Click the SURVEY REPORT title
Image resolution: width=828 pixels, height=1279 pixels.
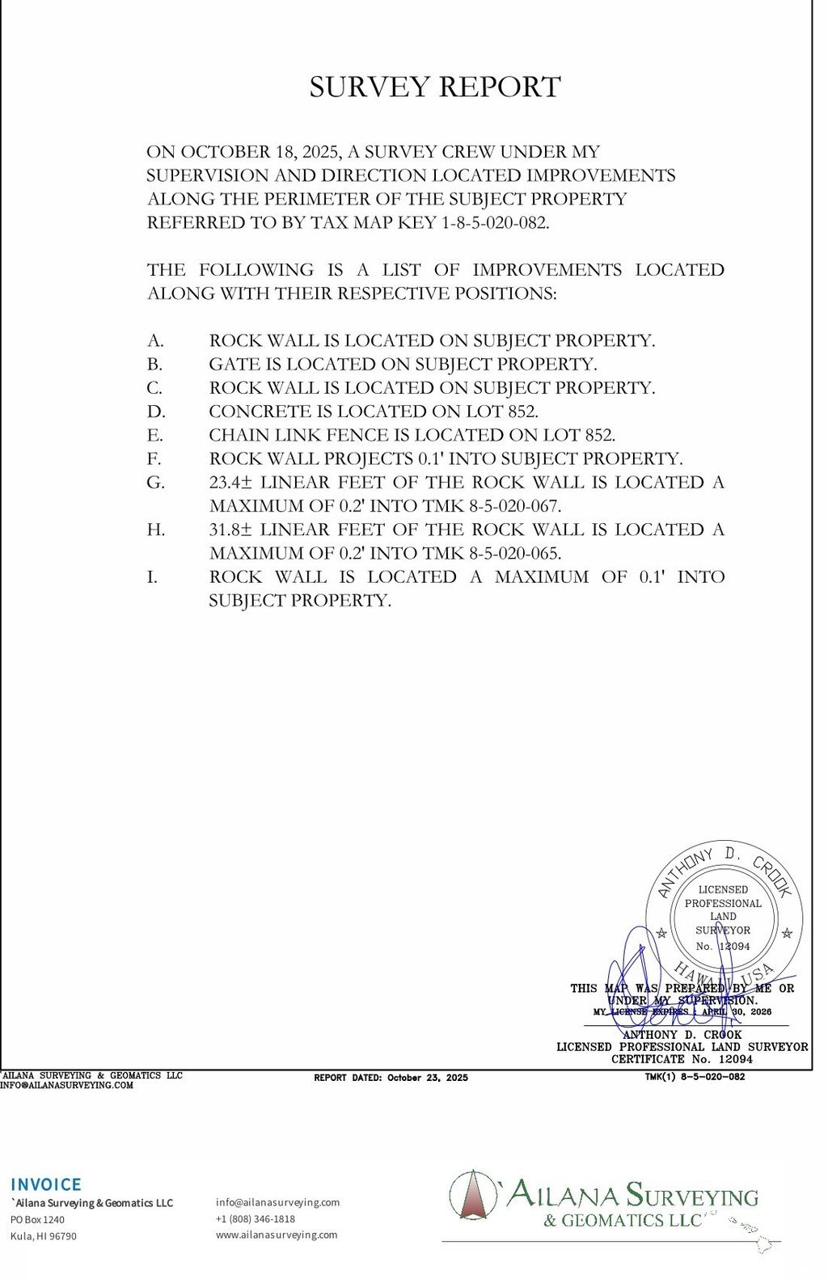point(435,87)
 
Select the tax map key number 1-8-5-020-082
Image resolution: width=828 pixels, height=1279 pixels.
point(495,223)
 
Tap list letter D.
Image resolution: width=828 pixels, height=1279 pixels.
point(154,412)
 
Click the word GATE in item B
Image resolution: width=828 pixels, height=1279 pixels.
point(234,365)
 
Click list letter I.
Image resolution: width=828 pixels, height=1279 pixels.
point(152,577)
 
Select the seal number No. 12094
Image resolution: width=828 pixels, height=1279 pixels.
point(723,946)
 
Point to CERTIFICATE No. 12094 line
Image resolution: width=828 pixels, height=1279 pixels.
point(682,1059)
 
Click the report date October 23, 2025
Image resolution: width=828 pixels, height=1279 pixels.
point(427,1078)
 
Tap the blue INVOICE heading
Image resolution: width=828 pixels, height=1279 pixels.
point(46,1184)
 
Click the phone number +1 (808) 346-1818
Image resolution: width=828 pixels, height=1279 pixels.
point(256,1218)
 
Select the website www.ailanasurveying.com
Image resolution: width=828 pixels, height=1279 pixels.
point(277,1235)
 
